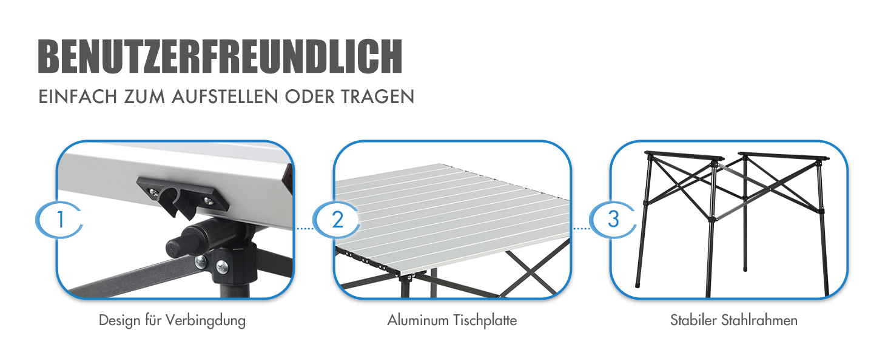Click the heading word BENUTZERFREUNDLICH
(x=220, y=56)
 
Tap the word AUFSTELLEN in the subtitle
(x=225, y=96)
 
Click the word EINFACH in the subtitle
(x=78, y=96)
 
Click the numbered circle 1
(x=60, y=220)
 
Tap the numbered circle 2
(x=337, y=220)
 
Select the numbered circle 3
(x=613, y=220)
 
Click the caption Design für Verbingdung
(x=172, y=320)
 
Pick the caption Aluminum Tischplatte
(x=452, y=320)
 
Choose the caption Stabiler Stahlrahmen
(x=734, y=320)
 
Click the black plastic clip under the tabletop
(x=183, y=197)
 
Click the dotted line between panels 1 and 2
(x=305, y=229)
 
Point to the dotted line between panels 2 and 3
(x=582, y=229)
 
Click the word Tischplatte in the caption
(x=485, y=320)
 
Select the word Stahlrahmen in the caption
(x=759, y=320)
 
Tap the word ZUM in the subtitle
(x=144, y=96)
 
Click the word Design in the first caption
(x=119, y=320)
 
